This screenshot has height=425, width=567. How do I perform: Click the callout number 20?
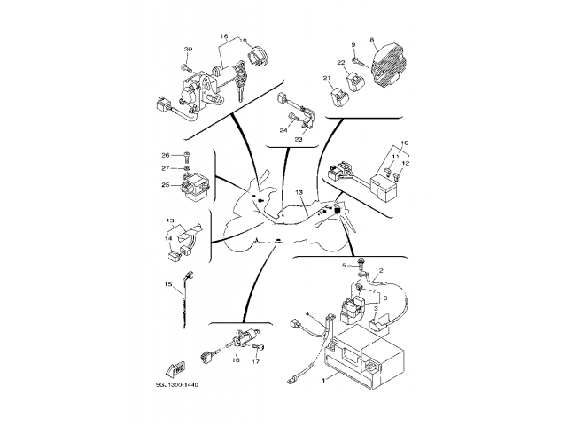188,49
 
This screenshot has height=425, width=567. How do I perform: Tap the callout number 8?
372,40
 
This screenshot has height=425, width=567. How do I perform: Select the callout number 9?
352,45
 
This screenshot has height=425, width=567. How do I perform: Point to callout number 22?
340,62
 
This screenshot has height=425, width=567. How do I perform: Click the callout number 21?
327,79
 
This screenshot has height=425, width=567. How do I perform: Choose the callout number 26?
165,156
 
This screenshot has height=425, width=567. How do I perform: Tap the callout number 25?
165,185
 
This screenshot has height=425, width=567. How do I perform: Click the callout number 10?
405,143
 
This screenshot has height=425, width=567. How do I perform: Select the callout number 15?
167,284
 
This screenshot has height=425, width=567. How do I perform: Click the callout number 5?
346,265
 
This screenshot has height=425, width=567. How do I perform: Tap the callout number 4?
307,314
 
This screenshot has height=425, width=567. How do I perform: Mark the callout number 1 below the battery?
323,378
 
